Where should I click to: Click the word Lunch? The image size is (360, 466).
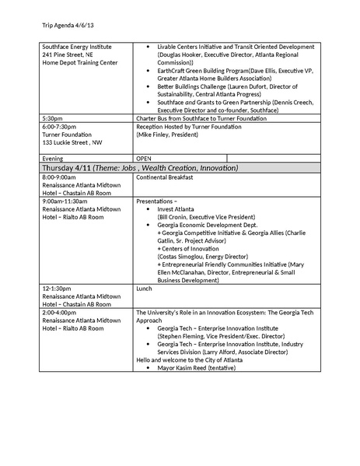tap(144, 288)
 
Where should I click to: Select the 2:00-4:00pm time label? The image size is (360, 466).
tap(61, 312)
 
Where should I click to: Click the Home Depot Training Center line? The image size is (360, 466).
tap(80, 62)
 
